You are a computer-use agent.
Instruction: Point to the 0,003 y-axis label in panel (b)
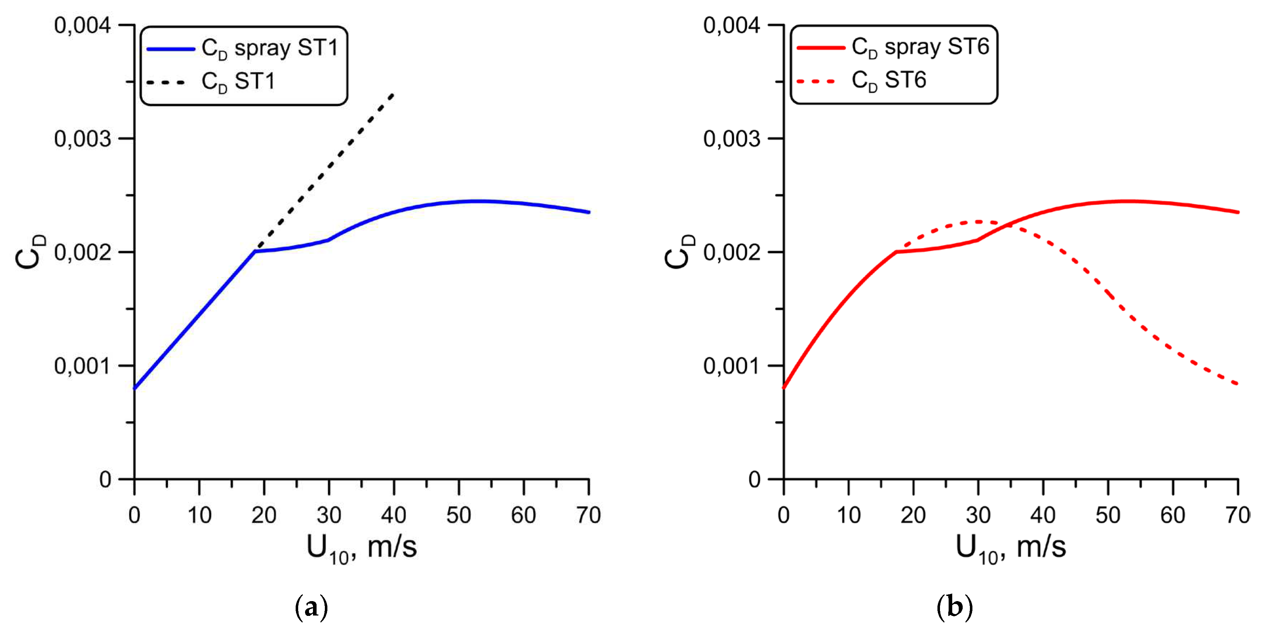coord(731,139)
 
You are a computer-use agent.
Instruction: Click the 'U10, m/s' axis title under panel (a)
coord(362,548)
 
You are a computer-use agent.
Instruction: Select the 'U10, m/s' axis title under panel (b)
coord(1010,548)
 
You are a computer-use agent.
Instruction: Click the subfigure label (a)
coord(311,608)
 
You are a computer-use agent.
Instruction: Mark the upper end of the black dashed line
coord(393,93)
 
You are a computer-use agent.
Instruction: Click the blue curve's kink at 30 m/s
coord(328,240)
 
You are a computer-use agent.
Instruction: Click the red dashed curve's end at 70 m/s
coord(1237,384)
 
